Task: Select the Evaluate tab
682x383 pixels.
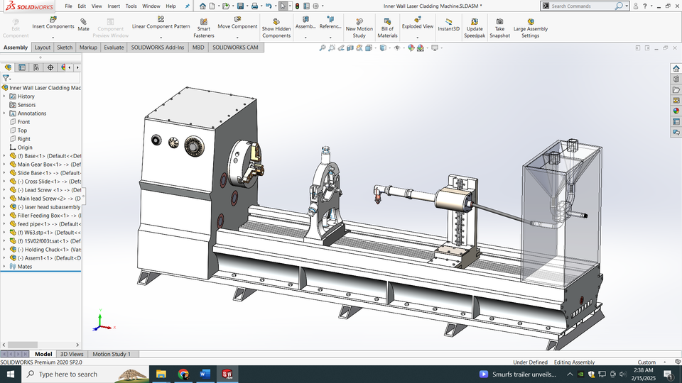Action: click(114, 48)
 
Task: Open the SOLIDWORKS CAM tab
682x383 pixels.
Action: click(236, 48)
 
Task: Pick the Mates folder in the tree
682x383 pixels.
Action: click(25, 267)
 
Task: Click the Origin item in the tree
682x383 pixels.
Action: click(25, 148)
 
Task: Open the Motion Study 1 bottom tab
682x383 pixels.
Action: click(112, 354)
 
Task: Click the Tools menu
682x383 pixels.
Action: click(131, 6)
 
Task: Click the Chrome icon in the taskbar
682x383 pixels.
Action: click(183, 374)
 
